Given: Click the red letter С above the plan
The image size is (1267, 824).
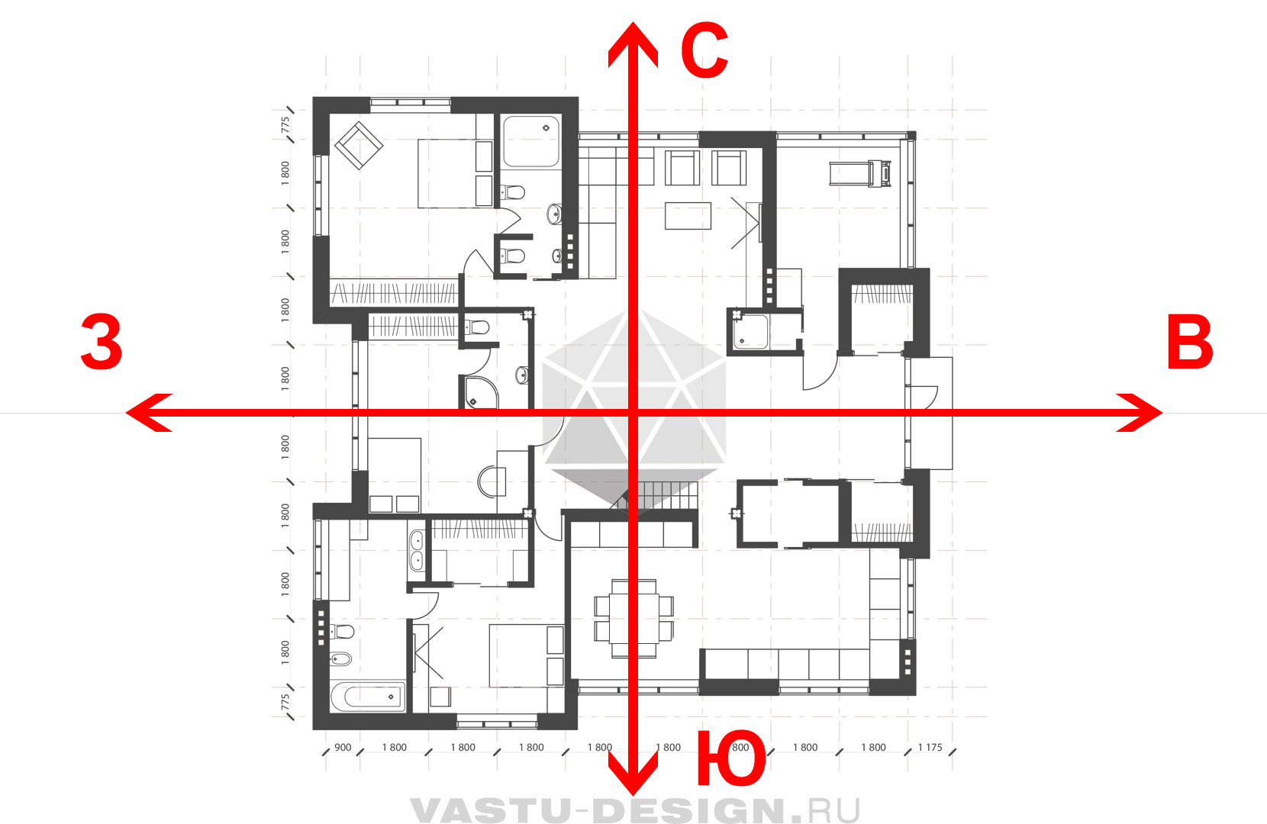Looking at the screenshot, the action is [x=704, y=51].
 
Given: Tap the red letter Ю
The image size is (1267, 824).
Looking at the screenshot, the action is [x=731, y=758].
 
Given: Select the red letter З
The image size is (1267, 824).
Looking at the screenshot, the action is [x=102, y=342].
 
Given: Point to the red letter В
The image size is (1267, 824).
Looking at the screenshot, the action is [x=1190, y=342].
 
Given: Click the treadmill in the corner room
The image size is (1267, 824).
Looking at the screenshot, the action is [x=860, y=173].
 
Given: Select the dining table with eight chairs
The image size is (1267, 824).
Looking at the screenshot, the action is [x=633, y=618].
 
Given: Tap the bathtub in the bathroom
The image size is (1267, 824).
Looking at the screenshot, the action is [x=368, y=696].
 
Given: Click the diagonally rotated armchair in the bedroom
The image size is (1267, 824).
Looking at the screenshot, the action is [x=359, y=146].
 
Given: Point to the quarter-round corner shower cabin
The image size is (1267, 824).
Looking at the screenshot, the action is [x=480, y=392].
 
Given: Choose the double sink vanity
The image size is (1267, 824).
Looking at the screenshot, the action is [x=416, y=551].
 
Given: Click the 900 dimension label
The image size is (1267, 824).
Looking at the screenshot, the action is [x=343, y=747].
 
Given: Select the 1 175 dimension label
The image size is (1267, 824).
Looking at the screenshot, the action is [x=930, y=747].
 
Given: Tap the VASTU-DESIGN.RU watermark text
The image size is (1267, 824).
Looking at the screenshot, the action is [x=634, y=810].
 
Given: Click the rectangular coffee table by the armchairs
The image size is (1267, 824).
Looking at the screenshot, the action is [x=688, y=215].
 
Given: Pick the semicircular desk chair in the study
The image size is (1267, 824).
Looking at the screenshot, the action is [x=491, y=481].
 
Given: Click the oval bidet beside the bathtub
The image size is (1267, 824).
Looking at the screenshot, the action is [x=340, y=658].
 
